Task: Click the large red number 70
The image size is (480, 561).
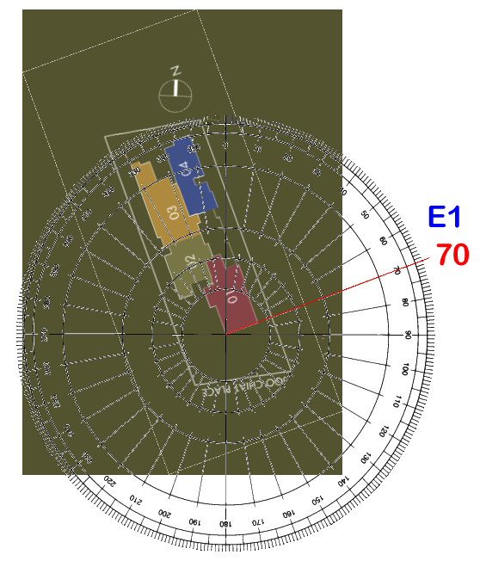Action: coord(452,256)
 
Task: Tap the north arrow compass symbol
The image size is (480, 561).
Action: coord(176,88)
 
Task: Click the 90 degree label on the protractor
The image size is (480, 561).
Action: coord(408,334)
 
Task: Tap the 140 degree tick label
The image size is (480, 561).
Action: coord(344,478)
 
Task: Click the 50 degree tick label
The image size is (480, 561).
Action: coord(365,215)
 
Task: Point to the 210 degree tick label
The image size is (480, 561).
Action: coord(132,498)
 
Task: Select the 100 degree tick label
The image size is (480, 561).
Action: coord(405,367)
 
